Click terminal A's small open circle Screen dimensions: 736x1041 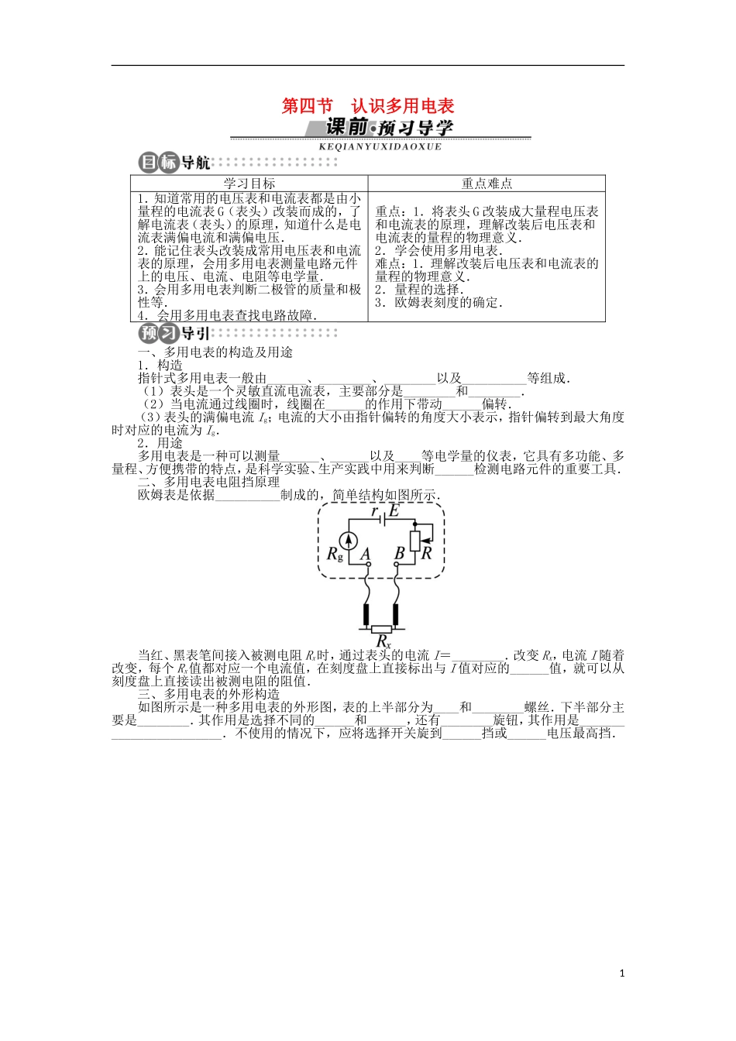click(x=369, y=565)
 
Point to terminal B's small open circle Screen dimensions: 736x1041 click(x=397, y=565)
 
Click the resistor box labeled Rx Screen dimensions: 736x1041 click(x=381, y=629)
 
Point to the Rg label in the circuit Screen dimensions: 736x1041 click(x=335, y=555)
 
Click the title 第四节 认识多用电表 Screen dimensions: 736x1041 click(x=367, y=106)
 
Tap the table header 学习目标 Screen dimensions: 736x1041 click(x=249, y=184)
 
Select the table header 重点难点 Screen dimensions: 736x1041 click(x=487, y=184)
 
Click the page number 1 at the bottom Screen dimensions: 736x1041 click(x=622, y=974)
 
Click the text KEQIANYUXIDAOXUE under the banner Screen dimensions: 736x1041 click(x=380, y=146)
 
